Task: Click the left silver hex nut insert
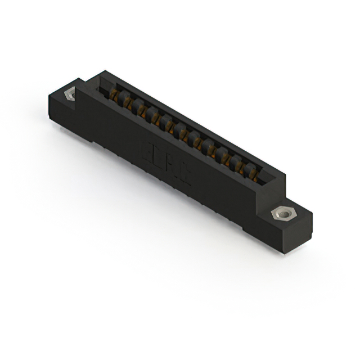[x=70, y=94]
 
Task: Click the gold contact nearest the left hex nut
[x=115, y=97]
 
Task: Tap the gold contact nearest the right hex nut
[x=255, y=175]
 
